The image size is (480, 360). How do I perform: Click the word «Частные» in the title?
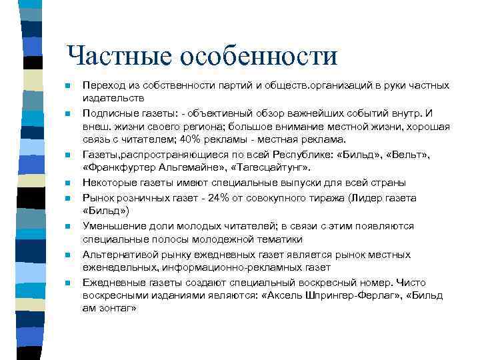click(120, 55)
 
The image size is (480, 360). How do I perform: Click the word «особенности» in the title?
click(261, 55)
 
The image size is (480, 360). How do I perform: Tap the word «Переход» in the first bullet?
click(101, 86)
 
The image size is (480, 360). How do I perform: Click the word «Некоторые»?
click(107, 182)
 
